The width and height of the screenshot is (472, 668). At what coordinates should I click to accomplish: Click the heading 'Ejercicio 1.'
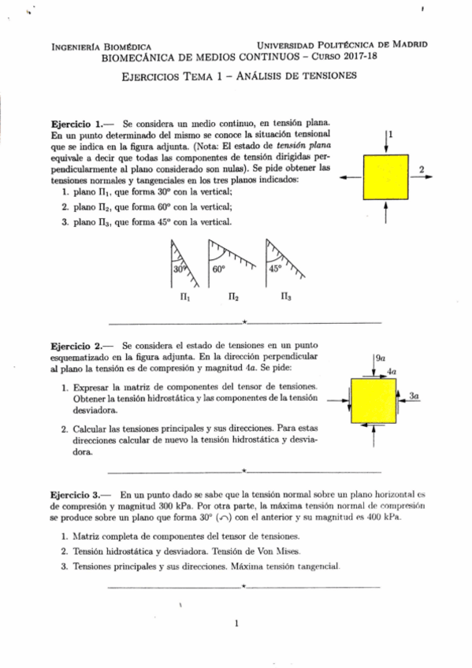pos(76,124)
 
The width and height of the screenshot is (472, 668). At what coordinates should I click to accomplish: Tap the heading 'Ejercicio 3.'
pos(76,491)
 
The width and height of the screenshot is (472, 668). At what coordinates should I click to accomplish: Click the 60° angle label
pos(219,269)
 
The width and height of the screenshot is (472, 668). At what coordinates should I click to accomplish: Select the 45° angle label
pos(275,268)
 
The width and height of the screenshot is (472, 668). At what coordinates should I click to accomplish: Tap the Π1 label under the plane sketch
pos(183,299)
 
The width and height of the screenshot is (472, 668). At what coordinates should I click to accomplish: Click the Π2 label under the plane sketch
pos(233,299)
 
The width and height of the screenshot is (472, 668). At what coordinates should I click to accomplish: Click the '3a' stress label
pos(414,397)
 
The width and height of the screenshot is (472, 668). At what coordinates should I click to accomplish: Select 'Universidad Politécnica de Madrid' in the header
pos(342,44)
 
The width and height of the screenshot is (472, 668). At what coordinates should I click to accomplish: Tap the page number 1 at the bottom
pos(236,624)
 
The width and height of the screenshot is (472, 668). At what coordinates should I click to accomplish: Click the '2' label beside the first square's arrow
pos(422,169)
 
